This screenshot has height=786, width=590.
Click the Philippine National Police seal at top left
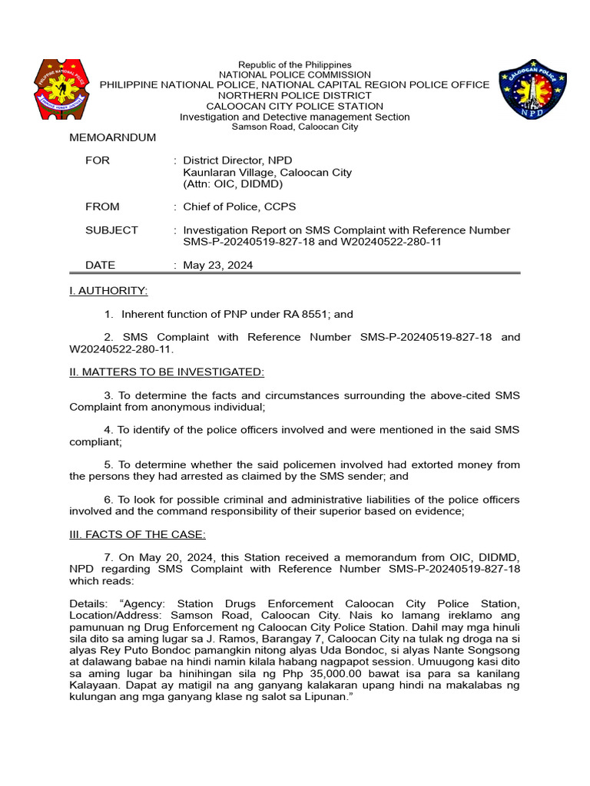(x=63, y=89)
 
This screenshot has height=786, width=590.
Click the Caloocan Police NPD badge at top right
(x=532, y=91)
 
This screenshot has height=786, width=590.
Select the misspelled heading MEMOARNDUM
(x=113, y=137)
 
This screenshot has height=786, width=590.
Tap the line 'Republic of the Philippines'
(x=294, y=65)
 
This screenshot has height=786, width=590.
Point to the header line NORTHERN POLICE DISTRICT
(x=294, y=95)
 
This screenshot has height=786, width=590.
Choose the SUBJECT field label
(x=111, y=230)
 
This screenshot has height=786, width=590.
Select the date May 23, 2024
(x=217, y=265)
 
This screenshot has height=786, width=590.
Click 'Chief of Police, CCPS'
(x=239, y=206)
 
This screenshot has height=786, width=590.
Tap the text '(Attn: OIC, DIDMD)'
(x=233, y=184)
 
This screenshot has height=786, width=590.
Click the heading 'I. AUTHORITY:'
(x=108, y=291)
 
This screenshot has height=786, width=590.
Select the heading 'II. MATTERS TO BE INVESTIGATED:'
(x=167, y=372)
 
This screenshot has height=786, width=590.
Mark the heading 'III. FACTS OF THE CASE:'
(x=138, y=535)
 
